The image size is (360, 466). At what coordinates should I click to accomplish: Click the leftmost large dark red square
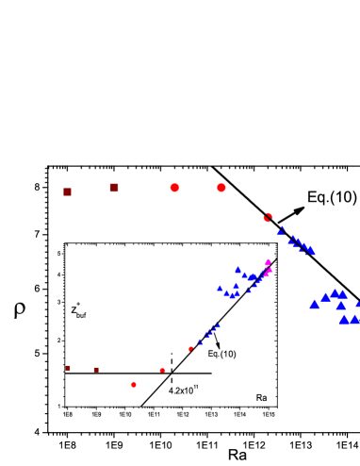(67, 191)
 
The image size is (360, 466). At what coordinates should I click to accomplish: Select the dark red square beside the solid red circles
(114, 188)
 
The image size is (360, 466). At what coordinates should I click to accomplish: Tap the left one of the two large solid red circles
(174, 188)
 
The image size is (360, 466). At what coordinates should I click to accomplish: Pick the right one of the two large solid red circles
(221, 188)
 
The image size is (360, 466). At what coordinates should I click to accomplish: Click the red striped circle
(268, 218)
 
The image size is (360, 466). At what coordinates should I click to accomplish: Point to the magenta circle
(268, 263)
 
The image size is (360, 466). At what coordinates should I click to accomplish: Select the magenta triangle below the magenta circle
(270, 271)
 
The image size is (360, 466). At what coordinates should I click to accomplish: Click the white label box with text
(225, 354)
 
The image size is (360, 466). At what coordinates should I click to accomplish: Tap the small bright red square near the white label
(190, 349)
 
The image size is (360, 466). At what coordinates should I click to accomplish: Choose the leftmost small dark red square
(68, 368)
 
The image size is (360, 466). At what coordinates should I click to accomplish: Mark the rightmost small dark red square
(96, 370)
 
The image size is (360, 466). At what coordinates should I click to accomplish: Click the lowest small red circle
(134, 385)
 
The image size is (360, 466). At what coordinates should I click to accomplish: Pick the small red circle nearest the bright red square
(162, 370)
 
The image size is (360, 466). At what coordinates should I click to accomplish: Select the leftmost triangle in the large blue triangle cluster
(314, 305)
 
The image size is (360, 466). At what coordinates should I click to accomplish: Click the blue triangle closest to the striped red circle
(280, 232)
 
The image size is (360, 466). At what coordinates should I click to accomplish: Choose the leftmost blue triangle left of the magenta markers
(220, 289)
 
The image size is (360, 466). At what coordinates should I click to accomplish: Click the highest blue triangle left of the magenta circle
(237, 269)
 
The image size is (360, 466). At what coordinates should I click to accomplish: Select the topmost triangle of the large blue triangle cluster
(335, 292)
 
